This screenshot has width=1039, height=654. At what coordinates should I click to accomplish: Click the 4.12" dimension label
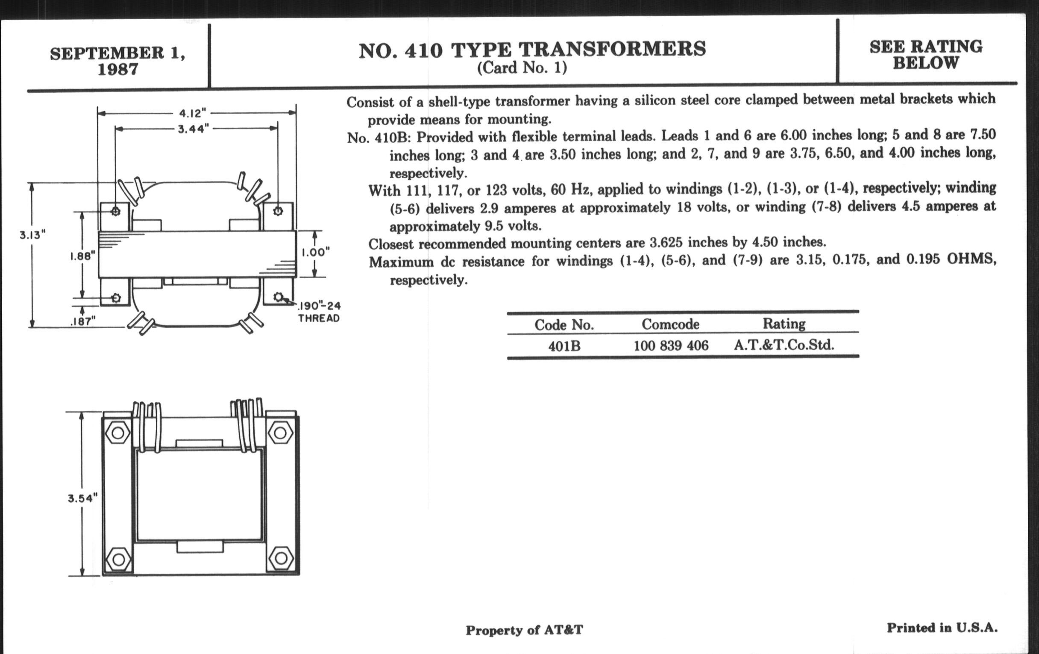pos(193,114)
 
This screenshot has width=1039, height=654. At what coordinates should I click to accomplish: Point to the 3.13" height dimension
pos(32,235)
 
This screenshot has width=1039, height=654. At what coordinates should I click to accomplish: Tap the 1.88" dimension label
pos(82,256)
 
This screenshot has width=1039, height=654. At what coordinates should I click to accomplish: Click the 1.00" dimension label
pos(315,252)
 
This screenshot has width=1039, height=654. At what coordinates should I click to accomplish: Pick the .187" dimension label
pos(82,321)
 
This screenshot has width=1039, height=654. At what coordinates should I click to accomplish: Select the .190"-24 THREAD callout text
pos(319,312)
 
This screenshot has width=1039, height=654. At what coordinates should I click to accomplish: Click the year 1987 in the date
pos(118,69)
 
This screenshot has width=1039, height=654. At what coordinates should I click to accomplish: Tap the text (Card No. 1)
pos(522,68)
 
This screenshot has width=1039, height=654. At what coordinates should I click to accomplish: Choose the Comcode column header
pos(670,324)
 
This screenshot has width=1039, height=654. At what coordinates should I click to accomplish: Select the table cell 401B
pos(564,346)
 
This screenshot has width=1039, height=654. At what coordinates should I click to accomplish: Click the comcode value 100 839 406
pos(671,345)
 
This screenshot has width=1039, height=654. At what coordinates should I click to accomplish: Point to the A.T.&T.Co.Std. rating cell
pos(784,345)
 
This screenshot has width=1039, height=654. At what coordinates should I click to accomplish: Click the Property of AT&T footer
pos(524,630)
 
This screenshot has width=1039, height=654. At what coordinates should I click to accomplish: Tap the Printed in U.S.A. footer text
pos(942,627)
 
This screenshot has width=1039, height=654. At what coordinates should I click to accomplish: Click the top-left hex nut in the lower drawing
pos(118,433)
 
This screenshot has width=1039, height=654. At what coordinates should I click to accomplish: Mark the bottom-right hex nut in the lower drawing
pos(281,559)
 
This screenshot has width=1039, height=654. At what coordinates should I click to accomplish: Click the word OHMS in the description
pos(971,259)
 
